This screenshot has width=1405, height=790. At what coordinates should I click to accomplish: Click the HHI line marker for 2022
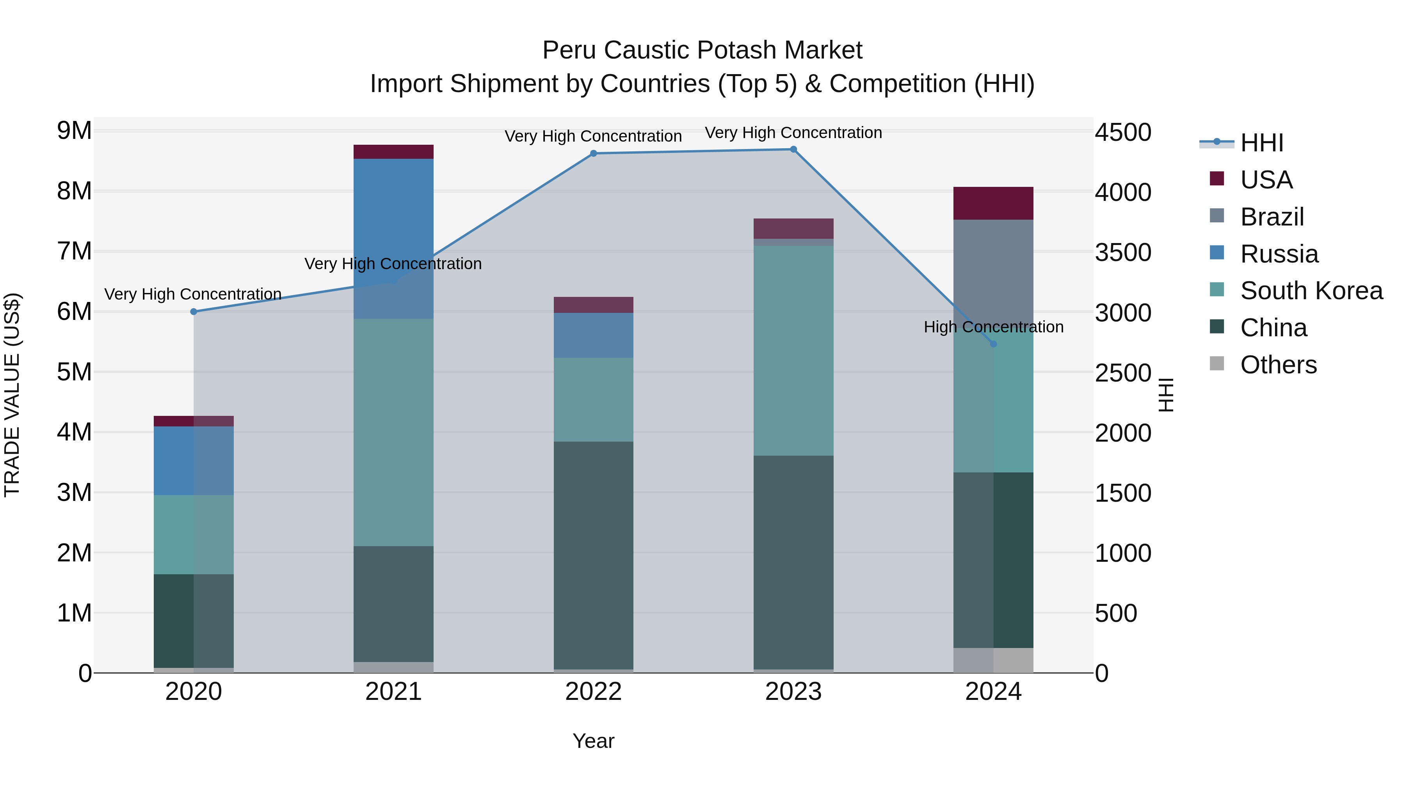click(593, 154)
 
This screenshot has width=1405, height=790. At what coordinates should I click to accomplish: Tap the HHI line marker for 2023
click(793, 149)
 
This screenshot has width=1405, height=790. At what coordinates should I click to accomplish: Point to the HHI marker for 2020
click(194, 312)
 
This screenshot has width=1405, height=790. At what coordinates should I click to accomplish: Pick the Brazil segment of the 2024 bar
click(993, 273)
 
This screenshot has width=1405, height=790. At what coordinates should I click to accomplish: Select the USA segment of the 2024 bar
click(993, 203)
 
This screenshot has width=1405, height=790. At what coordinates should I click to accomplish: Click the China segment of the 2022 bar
click(593, 555)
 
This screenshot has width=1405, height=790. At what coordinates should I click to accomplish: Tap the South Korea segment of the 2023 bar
click(793, 351)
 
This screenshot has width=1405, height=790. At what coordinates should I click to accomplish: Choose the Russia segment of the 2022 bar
click(593, 335)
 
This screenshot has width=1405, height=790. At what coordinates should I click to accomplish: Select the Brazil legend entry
click(1272, 217)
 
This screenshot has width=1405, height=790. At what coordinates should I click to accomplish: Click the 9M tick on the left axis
click(75, 131)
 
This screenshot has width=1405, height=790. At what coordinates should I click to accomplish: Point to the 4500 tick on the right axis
click(1123, 133)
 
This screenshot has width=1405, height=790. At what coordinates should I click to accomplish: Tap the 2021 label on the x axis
click(393, 692)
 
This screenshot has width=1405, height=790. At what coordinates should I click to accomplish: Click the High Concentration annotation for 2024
click(993, 327)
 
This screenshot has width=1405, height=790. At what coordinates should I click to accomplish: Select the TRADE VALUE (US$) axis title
click(12, 395)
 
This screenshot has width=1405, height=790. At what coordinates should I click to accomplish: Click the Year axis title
click(593, 741)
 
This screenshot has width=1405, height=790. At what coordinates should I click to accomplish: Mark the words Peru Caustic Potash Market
click(702, 50)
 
